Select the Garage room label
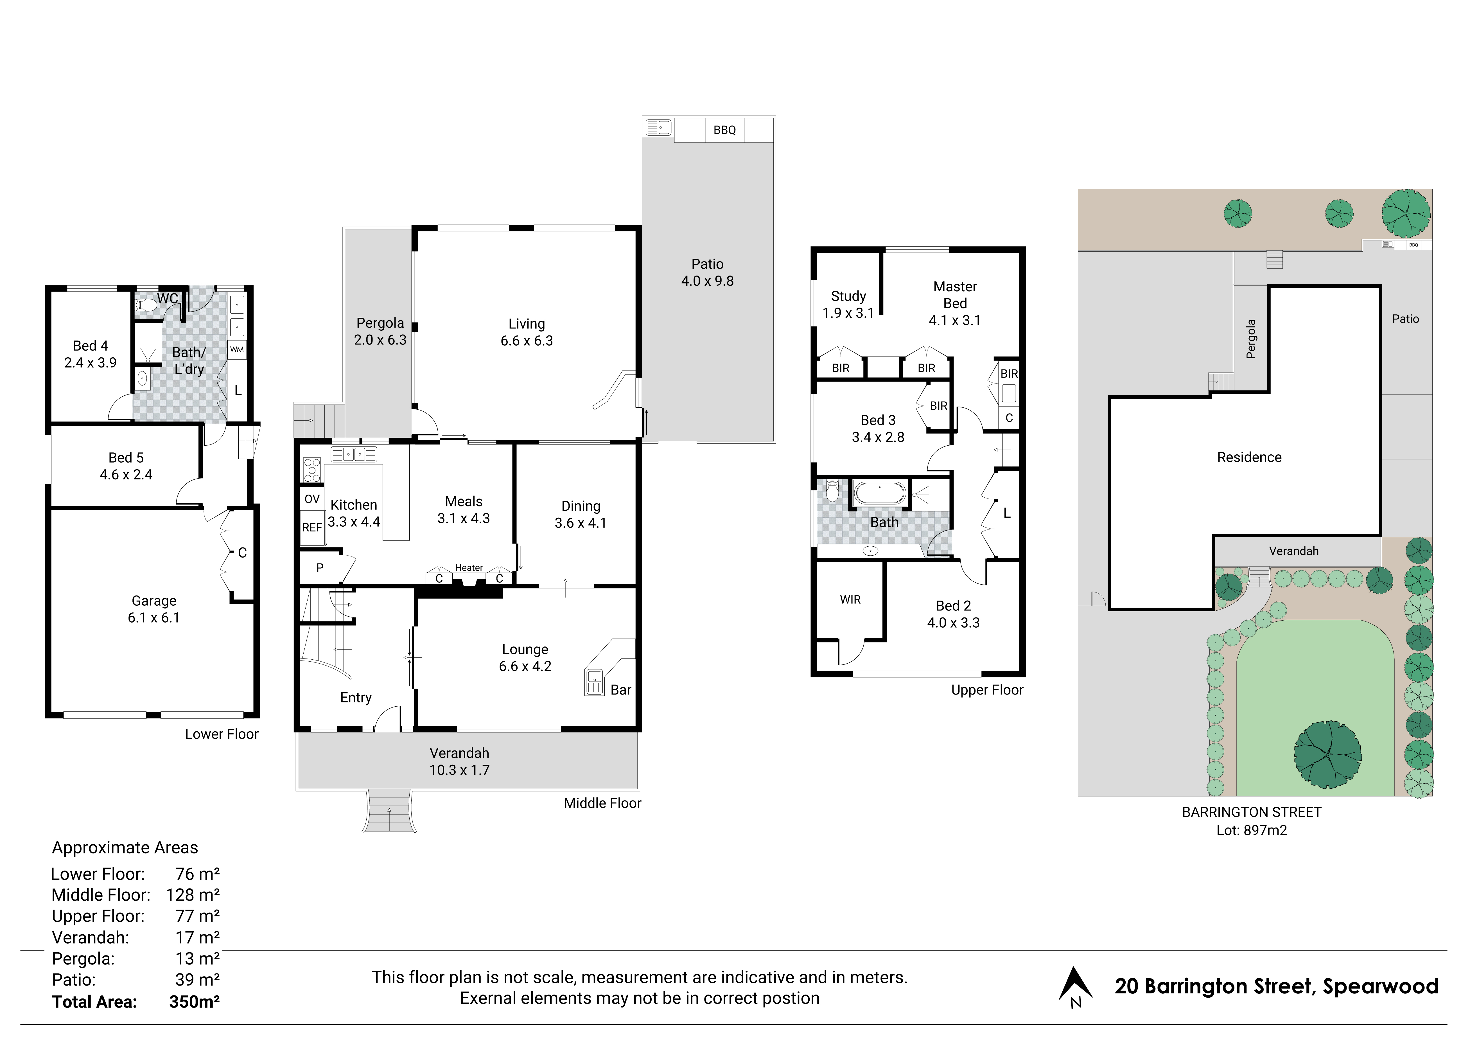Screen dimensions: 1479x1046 [x=154, y=601]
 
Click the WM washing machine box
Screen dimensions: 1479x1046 [x=237, y=349]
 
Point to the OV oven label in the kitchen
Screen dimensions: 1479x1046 [x=312, y=499]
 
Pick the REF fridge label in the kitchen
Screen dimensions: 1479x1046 [x=312, y=527]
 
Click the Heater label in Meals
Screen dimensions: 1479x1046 [x=469, y=568]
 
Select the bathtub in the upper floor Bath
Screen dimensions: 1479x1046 [x=880, y=494]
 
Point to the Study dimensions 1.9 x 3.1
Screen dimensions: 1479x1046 [x=848, y=313]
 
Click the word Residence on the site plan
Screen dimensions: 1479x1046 [x=1249, y=457]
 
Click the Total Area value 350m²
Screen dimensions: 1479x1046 [x=195, y=1002]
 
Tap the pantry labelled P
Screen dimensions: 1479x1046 [x=320, y=568]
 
